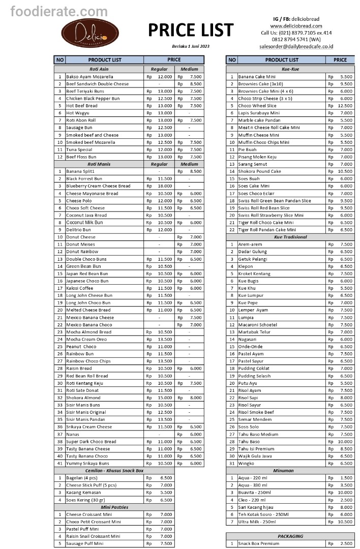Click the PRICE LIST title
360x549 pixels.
(x=191, y=30)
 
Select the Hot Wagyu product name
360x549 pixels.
(x=77, y=113)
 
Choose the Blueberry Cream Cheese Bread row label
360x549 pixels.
(x=98, y=186)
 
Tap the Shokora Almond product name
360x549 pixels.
(x=83, y=398)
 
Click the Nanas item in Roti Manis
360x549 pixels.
(x=72, y=434)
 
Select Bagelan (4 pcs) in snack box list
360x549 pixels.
(x=81, y=478)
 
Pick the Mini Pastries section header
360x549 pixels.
(x=114, y=507)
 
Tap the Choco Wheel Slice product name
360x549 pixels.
(x=257, y=106)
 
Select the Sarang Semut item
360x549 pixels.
(x=252, y=164)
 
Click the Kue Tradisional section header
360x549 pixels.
(x=290, y=237)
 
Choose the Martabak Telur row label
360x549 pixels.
(x=255, y=332)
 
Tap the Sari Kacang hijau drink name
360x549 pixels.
(x=257, y=507)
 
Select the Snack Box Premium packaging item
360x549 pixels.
(x=258, y=543)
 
